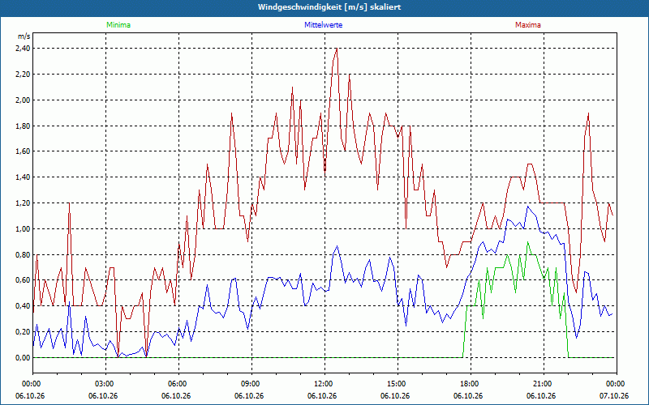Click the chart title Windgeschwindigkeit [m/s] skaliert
coord(329,7)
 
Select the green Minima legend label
coord(118,25)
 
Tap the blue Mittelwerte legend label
coord(323,25)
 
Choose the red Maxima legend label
coord(528,25)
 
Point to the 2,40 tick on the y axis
coord(23,49)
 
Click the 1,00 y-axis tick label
coord(23,229)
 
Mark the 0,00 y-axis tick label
coord(23,358)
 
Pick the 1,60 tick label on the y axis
coord(23,151)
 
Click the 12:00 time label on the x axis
coord(325,384)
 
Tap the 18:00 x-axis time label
coord(471,384)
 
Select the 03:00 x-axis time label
coord(106,384)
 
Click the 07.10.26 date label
coord(614,396)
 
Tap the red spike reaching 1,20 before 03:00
coord(69,203)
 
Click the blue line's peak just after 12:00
coord(337,246)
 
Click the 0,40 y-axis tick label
coord(23,306)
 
